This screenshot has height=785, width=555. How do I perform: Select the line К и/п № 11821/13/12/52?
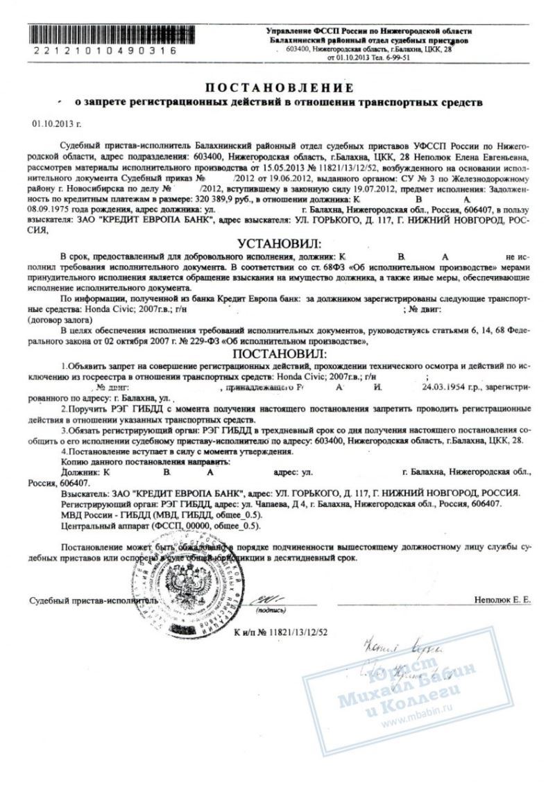[277, 632]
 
